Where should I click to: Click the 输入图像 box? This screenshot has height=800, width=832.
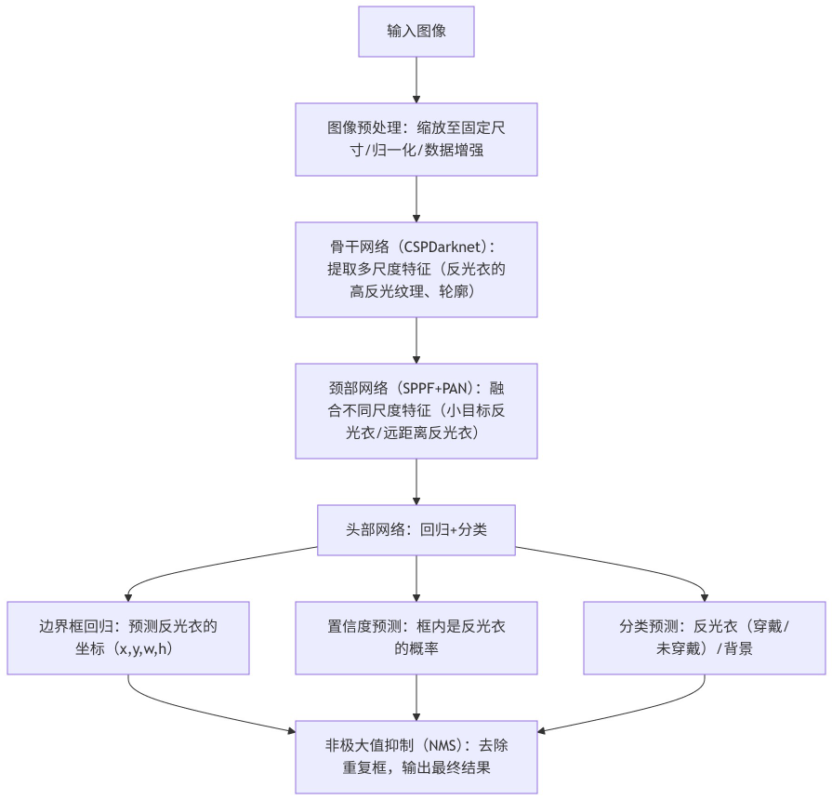[x=416, y=32]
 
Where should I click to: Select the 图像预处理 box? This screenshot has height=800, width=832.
[x=416, y=139]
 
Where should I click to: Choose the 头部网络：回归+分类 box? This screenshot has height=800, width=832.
[x=416, y=529]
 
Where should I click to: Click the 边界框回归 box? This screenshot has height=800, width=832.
[x=128, y=637]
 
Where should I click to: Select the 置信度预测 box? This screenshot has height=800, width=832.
[x=416, y=637]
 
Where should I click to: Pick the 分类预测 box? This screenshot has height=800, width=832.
[x=704, y=637]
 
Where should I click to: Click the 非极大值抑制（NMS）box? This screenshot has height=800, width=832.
[x=416, y=756]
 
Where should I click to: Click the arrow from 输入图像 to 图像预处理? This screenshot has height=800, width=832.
[x=416, y=80]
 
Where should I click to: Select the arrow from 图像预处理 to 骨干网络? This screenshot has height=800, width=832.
[x=416, y=198]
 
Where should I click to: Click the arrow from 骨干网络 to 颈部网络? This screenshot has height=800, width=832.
[x=416, y=340]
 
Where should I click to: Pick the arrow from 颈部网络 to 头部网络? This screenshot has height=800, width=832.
[x=416, y=481]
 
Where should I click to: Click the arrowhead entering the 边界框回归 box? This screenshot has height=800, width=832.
[x=128, y=595]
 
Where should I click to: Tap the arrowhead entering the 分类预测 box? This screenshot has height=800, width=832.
[x=704, y=595]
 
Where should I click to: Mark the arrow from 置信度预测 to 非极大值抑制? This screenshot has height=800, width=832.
[x=416, y=697]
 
